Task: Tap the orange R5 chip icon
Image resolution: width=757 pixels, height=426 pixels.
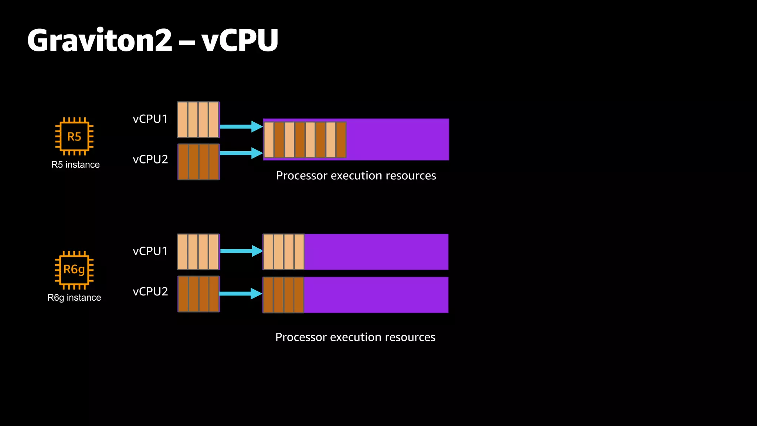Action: (74, 136)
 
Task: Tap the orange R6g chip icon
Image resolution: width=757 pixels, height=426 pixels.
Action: (74, 270)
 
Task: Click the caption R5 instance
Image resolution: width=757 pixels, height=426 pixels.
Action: (75, 165)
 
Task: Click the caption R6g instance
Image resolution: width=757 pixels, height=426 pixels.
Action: (74, 298)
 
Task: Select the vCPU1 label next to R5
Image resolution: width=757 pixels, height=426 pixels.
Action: (150, 119)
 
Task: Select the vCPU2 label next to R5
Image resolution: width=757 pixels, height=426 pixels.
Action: (150, 159)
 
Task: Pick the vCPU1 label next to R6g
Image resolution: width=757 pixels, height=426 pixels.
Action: (150, 251)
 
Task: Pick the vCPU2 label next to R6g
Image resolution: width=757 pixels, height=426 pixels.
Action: (150, 291)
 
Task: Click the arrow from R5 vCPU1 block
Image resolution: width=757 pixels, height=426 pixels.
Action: (241, 126)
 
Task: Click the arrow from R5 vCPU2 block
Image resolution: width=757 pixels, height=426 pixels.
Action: (241, 153)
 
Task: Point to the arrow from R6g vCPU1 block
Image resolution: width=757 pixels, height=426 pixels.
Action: (241, 251)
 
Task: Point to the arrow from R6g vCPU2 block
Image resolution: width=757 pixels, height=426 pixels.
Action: (241, 294)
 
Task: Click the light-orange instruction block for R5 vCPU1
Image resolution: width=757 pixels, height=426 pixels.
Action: (198, 120)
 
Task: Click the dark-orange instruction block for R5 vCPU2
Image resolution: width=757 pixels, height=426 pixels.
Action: (198, 162)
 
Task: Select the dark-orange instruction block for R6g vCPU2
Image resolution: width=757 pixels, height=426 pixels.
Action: (198, 294)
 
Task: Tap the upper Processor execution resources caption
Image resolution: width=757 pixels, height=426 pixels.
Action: (356, 176)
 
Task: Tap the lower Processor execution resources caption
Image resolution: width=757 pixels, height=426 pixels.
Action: (355, 337)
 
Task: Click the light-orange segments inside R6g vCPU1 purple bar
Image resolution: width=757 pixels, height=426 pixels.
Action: (284, 252)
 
